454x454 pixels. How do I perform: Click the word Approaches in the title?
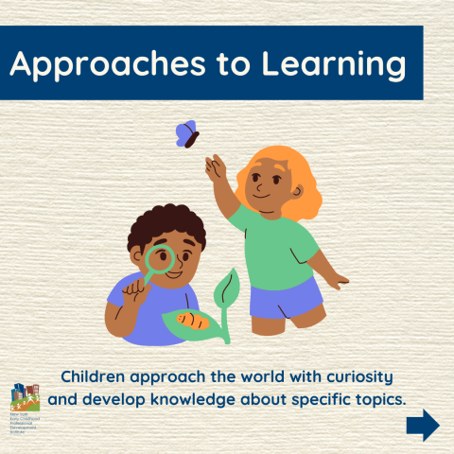97,65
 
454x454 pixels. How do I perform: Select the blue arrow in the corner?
423,425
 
